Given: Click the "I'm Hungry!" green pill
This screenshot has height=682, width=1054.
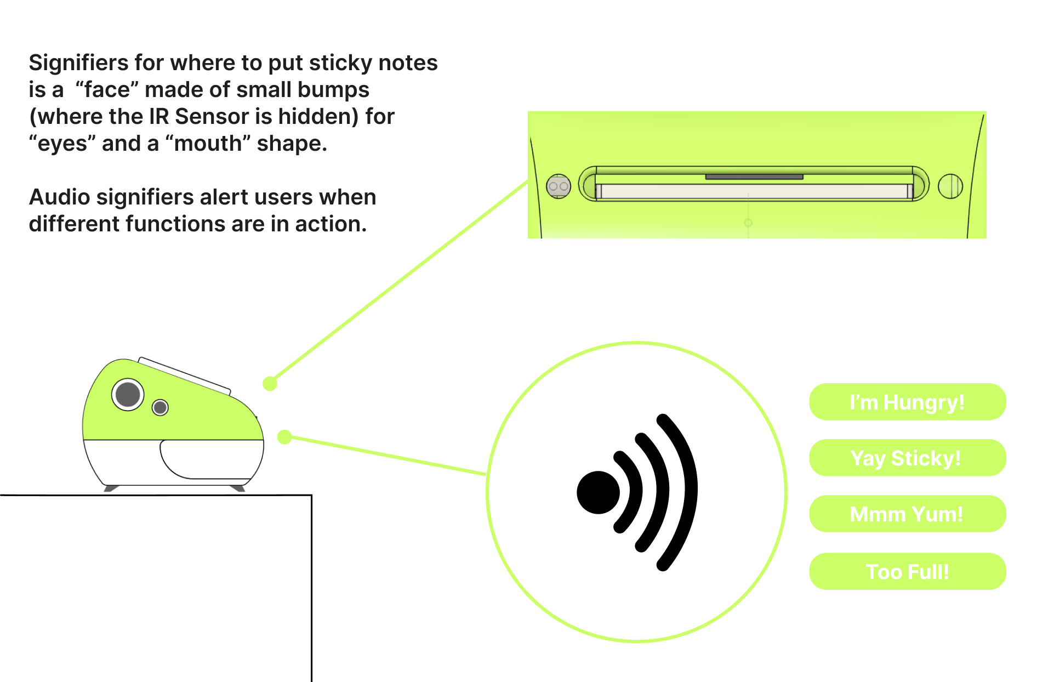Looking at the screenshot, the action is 907,402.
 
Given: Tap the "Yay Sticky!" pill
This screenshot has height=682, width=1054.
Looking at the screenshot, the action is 907,458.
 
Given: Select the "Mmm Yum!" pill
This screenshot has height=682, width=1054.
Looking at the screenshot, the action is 907,514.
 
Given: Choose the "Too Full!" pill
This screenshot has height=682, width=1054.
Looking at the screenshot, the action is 907,571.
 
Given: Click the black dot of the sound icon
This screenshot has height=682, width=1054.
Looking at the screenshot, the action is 598,492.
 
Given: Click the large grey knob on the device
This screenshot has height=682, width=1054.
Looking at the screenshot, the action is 128,394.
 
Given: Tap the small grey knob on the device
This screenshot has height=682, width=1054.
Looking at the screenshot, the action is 160,407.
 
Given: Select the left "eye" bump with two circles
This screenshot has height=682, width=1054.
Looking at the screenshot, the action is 559,186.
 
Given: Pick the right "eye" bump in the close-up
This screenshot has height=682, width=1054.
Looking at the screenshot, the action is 950,186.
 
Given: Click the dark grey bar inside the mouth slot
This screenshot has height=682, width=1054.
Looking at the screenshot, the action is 754,177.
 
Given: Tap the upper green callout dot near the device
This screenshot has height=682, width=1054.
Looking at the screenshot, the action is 270,383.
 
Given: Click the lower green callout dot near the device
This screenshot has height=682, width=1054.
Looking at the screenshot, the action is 284,437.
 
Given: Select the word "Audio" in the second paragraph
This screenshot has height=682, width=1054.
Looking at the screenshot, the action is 59,197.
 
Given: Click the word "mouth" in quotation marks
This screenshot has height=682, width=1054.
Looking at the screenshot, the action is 208,144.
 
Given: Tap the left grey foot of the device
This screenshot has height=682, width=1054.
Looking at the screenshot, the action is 111,488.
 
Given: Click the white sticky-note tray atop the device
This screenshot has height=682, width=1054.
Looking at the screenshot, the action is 185,376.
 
